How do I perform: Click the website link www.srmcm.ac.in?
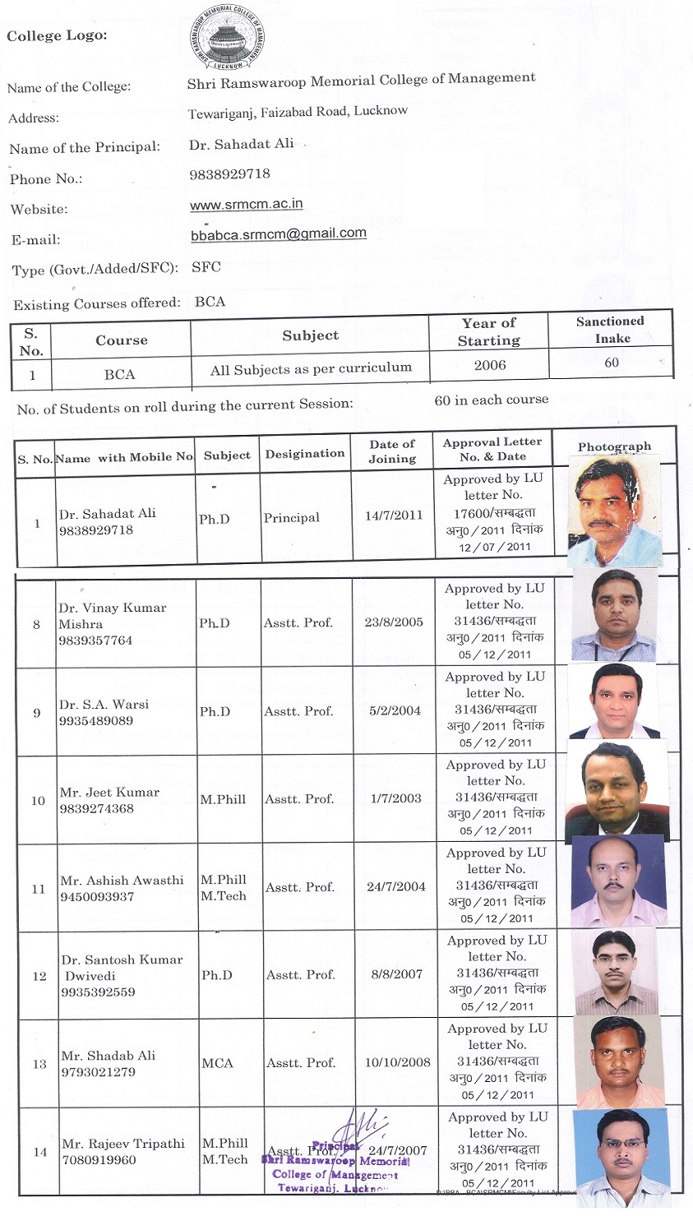[x=246, y=204]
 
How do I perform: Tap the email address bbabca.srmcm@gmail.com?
[x=278, y=233]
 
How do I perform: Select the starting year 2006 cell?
[x=490, y=364]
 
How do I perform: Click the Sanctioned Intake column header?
[x=610, y=329]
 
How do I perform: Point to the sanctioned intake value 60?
[x=612, y=363]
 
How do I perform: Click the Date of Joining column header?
[x=392, y=451]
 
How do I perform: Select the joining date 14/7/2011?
[x=394, y=516]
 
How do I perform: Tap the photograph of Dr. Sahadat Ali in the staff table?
[x=615, y=511]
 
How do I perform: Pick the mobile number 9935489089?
[x=96, y=721]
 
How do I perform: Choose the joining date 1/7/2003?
[x=395, y=798]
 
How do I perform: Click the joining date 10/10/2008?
[x=398, y=1062]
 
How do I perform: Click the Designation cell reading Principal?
[x=292, y=518]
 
